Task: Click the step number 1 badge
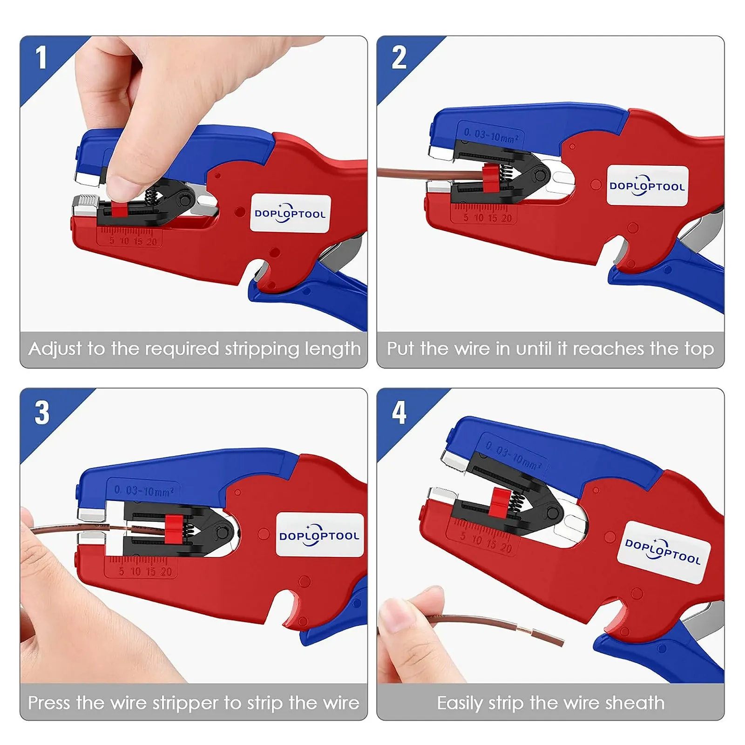[41, 57]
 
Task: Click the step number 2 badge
[399, 57]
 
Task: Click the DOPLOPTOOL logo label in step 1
[290, 213]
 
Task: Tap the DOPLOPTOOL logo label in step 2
[647, 185]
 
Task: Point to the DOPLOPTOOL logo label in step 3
[319, 535]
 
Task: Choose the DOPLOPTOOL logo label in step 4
[663, 553]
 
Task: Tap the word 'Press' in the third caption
[50, 703]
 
